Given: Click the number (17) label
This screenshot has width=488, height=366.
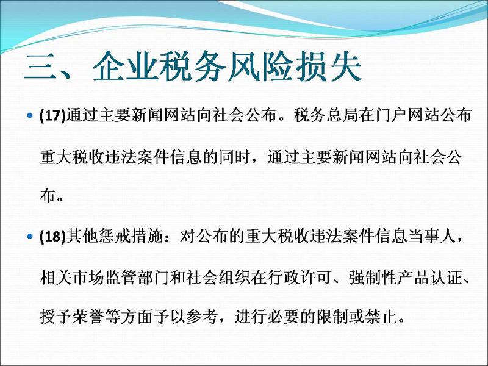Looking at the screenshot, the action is [53, 116].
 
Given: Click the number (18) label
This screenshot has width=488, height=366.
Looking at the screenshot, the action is [53, 237].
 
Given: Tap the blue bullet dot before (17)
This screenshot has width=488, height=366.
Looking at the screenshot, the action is [29, 116].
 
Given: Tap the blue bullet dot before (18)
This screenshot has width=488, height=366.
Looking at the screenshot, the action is [29, 237].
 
